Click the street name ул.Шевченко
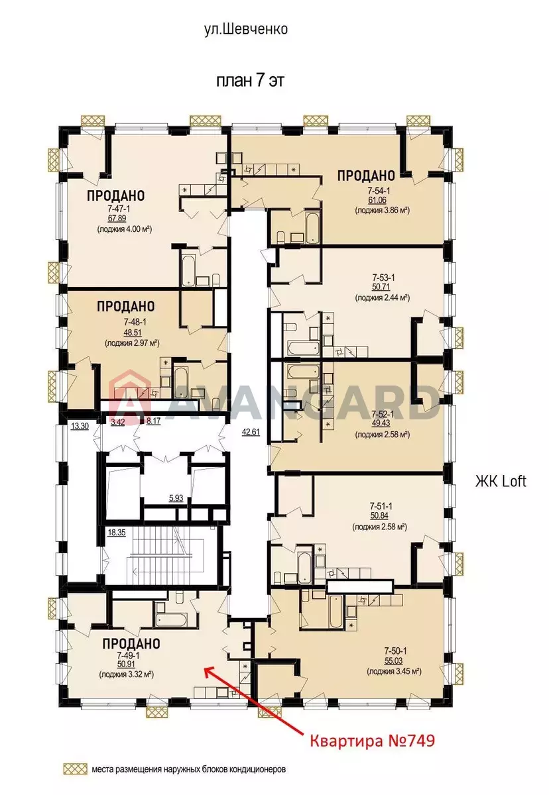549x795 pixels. coord(246,29)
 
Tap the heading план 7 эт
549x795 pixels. coord(251,81)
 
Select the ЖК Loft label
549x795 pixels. coord(501,482)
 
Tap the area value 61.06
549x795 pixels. coord(377,200)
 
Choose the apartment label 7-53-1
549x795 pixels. coord(383,277)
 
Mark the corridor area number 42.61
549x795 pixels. coord(251,432)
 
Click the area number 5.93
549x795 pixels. coord(176,498)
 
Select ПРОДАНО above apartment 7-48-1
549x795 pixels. coord(126,306)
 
